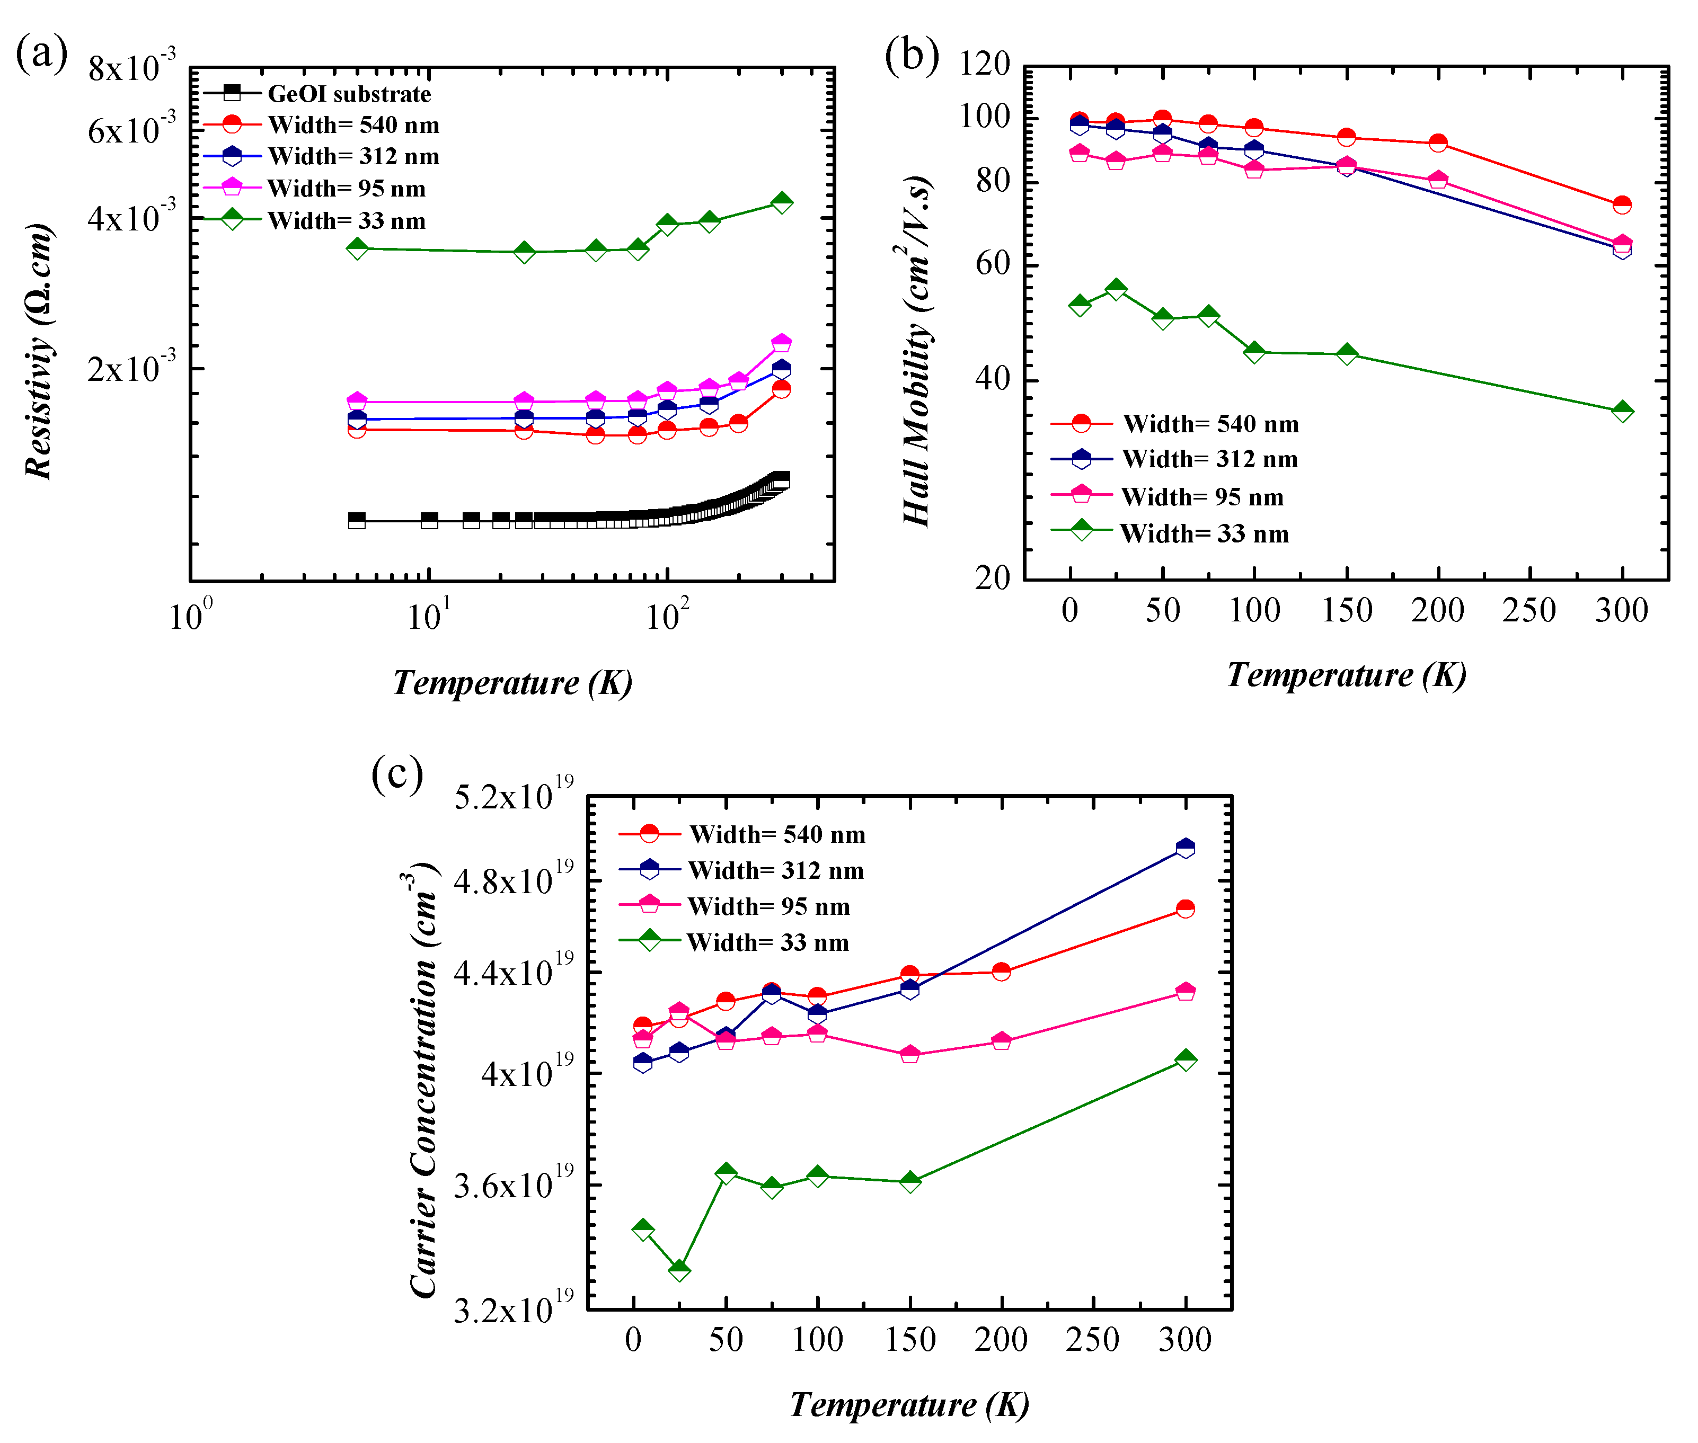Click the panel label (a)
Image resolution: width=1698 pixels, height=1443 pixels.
(41, 54)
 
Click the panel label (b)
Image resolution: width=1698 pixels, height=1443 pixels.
(911, 56)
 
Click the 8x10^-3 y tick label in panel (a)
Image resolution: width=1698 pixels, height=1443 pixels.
(131, 67)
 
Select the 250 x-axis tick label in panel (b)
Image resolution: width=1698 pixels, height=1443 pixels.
(1528, 610)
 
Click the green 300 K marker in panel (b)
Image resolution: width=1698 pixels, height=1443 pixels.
(1622, 412)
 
